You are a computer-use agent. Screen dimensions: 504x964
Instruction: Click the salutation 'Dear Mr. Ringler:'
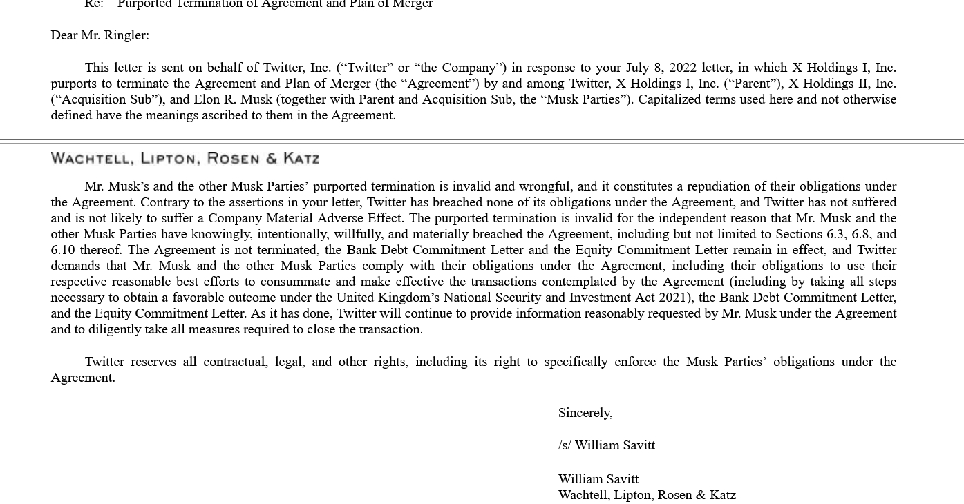point(100,35)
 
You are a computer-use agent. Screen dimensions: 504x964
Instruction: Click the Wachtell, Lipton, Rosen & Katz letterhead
point(185,159)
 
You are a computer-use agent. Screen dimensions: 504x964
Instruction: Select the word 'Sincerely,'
point(585,413)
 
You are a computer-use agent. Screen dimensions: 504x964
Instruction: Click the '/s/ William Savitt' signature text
point(607,445)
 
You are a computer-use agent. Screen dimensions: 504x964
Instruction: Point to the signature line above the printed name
point(727,469)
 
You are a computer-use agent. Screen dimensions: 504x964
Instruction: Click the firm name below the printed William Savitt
point(647,495)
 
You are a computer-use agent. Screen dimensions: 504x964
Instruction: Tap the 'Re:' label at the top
point(94,4)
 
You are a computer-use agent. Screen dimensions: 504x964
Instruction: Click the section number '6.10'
point(63,250)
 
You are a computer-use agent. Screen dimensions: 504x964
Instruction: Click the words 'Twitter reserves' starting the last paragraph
point(131,362)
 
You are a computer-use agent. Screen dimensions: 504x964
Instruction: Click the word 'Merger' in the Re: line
point(412,4)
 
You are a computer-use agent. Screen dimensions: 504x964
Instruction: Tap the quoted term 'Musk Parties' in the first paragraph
point(586,99)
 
